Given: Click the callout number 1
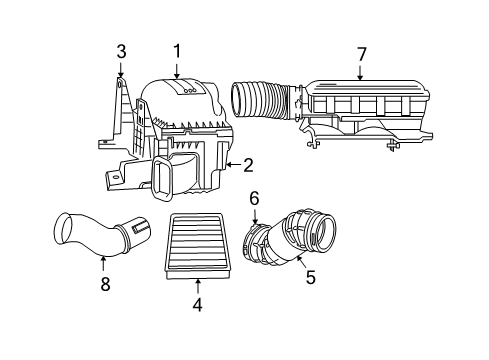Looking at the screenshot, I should (177, 50).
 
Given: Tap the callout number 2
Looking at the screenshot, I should (248, 165).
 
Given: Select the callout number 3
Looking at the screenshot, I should (120, 51).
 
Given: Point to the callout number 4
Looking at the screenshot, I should (197, 306).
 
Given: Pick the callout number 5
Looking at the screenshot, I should (310, 278).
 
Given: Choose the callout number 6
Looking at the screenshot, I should (255, 198).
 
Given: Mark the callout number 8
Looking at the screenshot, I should (104, 284).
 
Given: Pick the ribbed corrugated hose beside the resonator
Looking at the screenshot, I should (262, 100).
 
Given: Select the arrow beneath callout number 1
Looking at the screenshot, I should (177, 70).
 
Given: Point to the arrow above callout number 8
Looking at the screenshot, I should (104, 262).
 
